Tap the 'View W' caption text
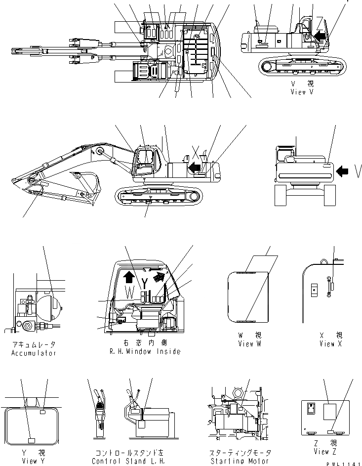point(249,343)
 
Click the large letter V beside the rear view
point(358,171)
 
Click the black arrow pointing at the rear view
point(342,171)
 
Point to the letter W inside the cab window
point(129,292)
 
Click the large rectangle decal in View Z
point(329,411)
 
